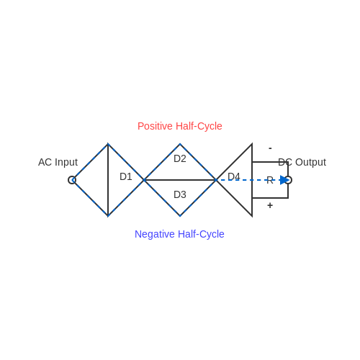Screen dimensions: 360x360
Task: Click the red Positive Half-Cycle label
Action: [180, 126]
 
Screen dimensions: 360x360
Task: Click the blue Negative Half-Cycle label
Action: [179, 234]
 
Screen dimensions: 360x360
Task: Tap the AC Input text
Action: [58, 162]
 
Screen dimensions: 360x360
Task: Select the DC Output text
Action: [302, 162]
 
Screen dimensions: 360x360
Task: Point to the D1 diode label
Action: [126, 176]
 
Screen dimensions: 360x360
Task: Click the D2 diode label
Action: [180, 158]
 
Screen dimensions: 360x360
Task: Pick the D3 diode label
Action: [180, 194]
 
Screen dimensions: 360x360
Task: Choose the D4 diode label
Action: [234, 176]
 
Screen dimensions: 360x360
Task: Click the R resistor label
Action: [270, 180]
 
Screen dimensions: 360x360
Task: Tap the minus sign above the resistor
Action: [270, 148]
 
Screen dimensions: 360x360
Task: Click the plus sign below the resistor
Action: [270, 205]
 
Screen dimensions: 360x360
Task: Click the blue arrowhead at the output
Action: [284, 180]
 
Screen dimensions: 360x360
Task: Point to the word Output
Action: [310, 162]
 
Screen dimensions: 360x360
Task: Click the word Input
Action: [66, 163]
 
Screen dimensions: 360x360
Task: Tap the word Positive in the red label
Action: [155, 126]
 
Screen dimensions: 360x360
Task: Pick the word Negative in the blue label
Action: [155, 234]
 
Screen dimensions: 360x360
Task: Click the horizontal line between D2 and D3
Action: [180, 180]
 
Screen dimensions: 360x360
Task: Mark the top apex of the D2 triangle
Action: [180, 144]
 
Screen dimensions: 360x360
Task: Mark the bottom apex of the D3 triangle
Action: [180, 216]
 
